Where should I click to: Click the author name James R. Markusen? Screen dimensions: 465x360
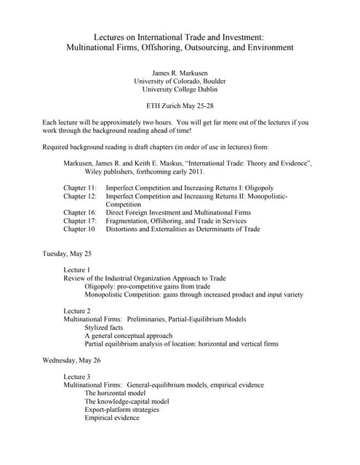click(180, 73)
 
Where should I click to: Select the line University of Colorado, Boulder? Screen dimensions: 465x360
click(180, 81)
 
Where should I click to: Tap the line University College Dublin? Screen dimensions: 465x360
click(180, 90)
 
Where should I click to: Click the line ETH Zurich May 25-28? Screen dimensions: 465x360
click(180, 106)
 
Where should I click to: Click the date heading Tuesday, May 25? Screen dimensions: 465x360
click(68, 254)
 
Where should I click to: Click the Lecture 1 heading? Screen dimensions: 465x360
click(77, 270)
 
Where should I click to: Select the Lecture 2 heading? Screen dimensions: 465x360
click(77, 310)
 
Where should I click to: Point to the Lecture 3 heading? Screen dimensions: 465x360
click(77, 376)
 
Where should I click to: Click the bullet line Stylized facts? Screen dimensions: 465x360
click(106, 327)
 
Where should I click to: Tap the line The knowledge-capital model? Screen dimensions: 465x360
click(127, 401)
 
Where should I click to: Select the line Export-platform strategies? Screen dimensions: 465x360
click(121, 409)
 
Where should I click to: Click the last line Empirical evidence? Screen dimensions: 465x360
click(112, 418)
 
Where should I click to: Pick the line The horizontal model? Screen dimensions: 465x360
click(115, 393)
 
